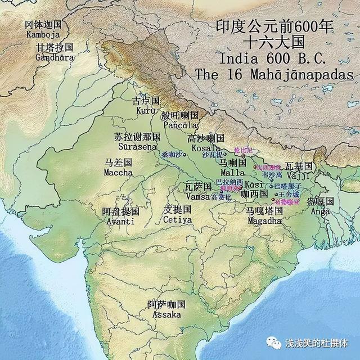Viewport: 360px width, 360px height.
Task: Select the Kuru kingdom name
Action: click(x=146, y=111)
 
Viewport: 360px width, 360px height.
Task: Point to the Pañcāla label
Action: click(x=180, y=125)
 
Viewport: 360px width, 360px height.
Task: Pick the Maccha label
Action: click(x=118, y=172)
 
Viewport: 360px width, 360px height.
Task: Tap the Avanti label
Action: click(x=120, y=221)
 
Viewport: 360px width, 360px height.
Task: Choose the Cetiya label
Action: click(x=178, y=219)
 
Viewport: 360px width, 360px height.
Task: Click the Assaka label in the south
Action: click(x=166, y=314)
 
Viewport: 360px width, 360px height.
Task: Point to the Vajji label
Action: click(x=298, y=176)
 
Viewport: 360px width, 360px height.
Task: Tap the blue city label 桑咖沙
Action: click(x=172, y=155)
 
